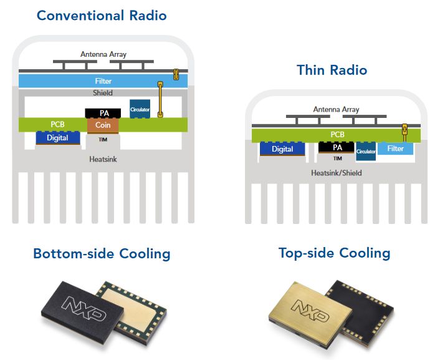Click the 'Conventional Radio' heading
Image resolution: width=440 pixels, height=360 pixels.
(x=102, y=15)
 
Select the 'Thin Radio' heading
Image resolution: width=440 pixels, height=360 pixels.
(x=332, y=70)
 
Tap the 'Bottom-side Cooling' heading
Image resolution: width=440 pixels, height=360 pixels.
(x=102, y=254)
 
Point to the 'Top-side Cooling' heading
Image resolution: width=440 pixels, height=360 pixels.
(x=334, y=253)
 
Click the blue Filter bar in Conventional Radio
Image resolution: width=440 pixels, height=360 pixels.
(x=103, y=81)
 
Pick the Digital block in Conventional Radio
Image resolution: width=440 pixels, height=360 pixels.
(x=57, y=137)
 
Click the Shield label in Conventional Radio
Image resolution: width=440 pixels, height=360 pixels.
(x=103, y=93)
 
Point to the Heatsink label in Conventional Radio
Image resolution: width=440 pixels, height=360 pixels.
(x=102, y=159)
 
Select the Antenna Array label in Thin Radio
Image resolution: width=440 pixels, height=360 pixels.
(x=336, y=109)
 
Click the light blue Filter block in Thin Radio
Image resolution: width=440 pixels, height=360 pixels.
(x=395, y=148)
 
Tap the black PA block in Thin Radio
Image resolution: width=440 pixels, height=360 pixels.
(x=337, y=147)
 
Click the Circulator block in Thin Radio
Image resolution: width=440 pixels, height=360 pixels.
(x=366, y=151)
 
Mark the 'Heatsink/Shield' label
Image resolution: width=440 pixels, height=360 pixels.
(x=336, y=172)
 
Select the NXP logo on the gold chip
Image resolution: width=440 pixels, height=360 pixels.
(x=308, y=310)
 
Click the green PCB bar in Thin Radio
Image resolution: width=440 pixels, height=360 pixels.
(x=337, y=135)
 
